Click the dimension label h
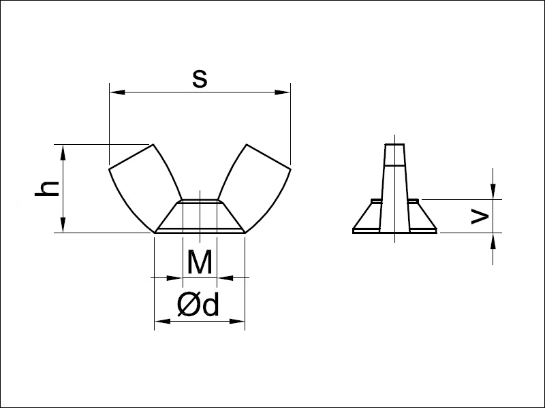tap(47, 189)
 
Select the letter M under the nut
tap(200, 262)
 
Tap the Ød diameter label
tap(198, 306)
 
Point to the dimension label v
tap(480, 216)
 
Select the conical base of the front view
tap(200, 218)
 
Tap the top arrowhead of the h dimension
tap(63, 151)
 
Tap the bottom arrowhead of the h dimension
tap(63, 226)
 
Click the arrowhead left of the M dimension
tap(176, 277)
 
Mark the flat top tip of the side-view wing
tap(394, 145)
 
